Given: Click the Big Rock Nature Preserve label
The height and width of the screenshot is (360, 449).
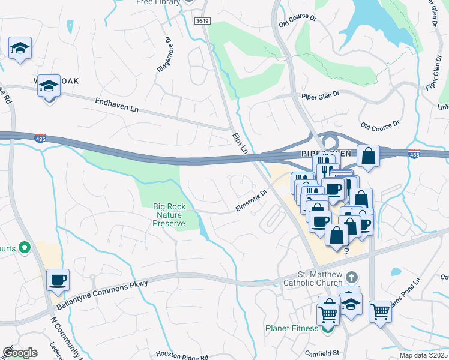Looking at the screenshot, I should click(x=169, y=215).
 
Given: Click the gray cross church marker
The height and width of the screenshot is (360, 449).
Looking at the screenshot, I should click(x=353, y=277).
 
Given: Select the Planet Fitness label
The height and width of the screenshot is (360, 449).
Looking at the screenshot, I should click(x=292, y=328).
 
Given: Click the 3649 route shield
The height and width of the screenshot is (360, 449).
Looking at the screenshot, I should click(x=202, y=20).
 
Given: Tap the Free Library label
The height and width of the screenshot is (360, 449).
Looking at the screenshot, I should click(x=158, y=2).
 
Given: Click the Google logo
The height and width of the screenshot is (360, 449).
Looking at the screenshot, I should click(x=19, y=353).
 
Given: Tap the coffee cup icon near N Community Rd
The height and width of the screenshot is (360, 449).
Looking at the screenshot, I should click(x=58, y=280).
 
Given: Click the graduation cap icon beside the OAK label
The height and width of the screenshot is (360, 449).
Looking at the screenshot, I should click(x=49, y=86).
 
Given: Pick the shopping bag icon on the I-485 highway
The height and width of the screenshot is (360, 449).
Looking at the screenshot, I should click(x=368, y=156).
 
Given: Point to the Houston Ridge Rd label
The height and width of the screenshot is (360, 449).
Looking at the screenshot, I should click(x=182, y=356).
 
